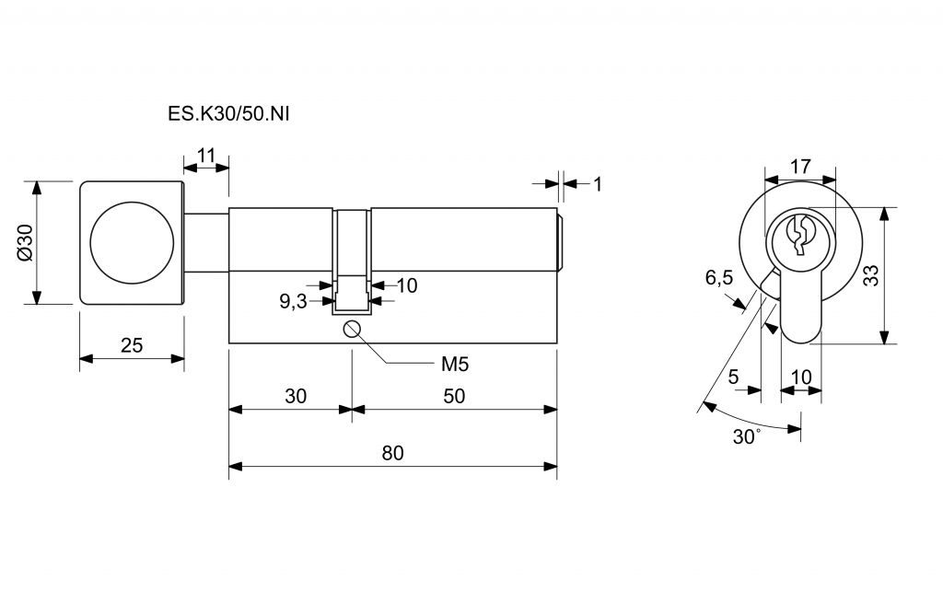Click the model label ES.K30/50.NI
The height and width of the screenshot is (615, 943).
(228, 114)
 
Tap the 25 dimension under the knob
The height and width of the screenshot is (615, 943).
(132, 345)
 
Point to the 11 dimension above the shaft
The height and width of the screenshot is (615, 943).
(205, 156)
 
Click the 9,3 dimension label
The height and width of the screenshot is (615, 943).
(293, 301)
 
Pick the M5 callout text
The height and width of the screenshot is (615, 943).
(455, 364)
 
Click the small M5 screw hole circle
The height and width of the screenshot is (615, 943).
(352, 329)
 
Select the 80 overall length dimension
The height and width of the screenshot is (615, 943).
(392, 453)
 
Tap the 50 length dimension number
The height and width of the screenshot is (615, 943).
(454, 396)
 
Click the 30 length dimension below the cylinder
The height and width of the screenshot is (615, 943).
(296, 396)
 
